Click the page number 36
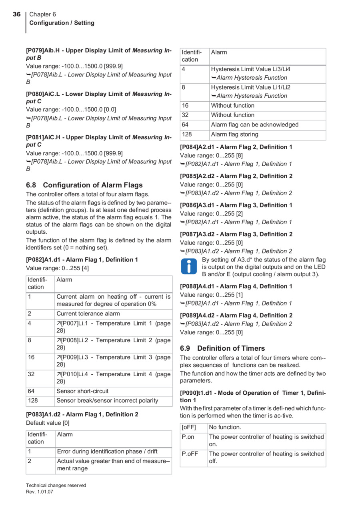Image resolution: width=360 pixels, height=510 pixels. pyautogui.click(x=16, y=14)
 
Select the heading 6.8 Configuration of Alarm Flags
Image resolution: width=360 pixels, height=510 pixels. pyautogui.click(x=84, y=185)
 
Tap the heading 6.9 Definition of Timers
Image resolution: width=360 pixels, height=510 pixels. pyautogui.click(x=222, y=348)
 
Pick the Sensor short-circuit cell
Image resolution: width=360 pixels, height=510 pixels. pyautogui.click(x=82, y=391)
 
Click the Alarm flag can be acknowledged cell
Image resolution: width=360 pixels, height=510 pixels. pyautogui.click(x=255, y=125)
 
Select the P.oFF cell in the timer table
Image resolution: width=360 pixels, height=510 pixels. pyautogui.click(x=190, y=454)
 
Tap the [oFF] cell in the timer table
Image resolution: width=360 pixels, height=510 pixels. pyautogui.click(x=189, y=427)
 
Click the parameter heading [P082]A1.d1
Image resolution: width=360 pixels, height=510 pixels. pyautogui.click(x=82, y=260)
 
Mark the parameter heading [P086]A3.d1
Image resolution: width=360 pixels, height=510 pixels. pyautogui.click(x=236, y=205)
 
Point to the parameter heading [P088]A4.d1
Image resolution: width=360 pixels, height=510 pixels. pyautogui.click(x=236, y=286)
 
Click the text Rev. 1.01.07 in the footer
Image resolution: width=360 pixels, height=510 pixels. pyautogui.click(x=40, y=492)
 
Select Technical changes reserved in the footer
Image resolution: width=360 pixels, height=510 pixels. pyautogui.click(x=56, y=485)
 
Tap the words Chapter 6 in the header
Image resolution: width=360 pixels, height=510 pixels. pyautogui.click(x=43, y=14)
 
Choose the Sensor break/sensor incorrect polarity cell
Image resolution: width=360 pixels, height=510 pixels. pyautogui.click(x=107, y=401)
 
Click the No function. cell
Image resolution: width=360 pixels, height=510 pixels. pyautogui.click(x=225, y=427)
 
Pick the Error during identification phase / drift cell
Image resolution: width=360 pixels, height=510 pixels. pyautogui.click(x=107, y=452)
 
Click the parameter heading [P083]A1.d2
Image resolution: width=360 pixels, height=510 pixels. pyautogui.click(x=82, y=414)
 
